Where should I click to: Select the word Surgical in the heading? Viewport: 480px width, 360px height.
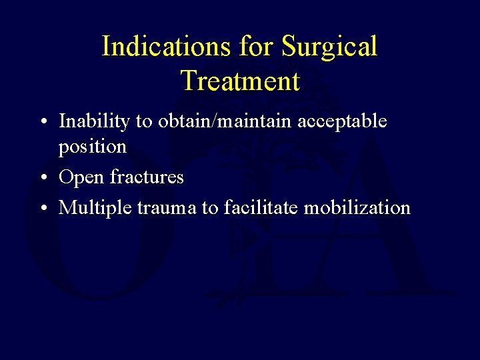click(329, 47)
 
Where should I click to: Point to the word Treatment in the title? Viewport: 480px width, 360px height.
click(240, 81)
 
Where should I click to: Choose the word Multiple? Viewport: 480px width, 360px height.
click(95, 208)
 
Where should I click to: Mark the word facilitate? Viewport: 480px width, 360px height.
click(261, 208)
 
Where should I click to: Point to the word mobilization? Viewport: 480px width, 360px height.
click(357, 208)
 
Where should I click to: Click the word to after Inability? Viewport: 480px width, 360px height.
click(127, 121)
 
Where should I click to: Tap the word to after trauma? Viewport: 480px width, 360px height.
click(210, 208)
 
